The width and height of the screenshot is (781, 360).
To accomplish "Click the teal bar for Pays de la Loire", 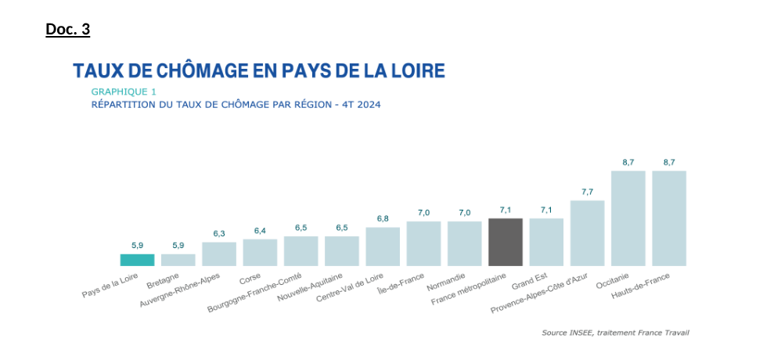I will (137, 260).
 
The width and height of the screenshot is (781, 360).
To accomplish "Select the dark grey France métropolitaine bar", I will (505, 242).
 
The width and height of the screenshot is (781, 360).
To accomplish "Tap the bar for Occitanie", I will (628, 218).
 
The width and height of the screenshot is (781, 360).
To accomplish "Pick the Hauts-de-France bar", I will (668, 218).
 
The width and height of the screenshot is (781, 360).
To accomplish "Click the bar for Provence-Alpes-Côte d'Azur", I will (587, 233).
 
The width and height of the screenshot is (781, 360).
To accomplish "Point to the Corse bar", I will (260, 252).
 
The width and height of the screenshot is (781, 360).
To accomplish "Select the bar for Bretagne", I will (178, 260).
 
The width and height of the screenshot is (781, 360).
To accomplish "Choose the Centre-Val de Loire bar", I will (383, 247).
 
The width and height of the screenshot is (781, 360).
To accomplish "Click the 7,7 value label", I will (587, 192).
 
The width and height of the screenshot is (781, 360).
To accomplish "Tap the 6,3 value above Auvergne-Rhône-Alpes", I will (219, 233).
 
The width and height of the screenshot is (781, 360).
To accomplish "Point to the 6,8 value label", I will (383, 218).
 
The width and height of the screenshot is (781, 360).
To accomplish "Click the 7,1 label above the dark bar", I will (505, 210).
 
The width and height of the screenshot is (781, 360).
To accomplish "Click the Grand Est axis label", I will (529, 281).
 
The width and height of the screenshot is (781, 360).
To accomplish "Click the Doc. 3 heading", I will (68, 30).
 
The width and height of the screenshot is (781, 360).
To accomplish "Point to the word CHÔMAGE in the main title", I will (191, 71).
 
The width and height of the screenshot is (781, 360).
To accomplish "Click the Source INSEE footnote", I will (615, 333).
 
